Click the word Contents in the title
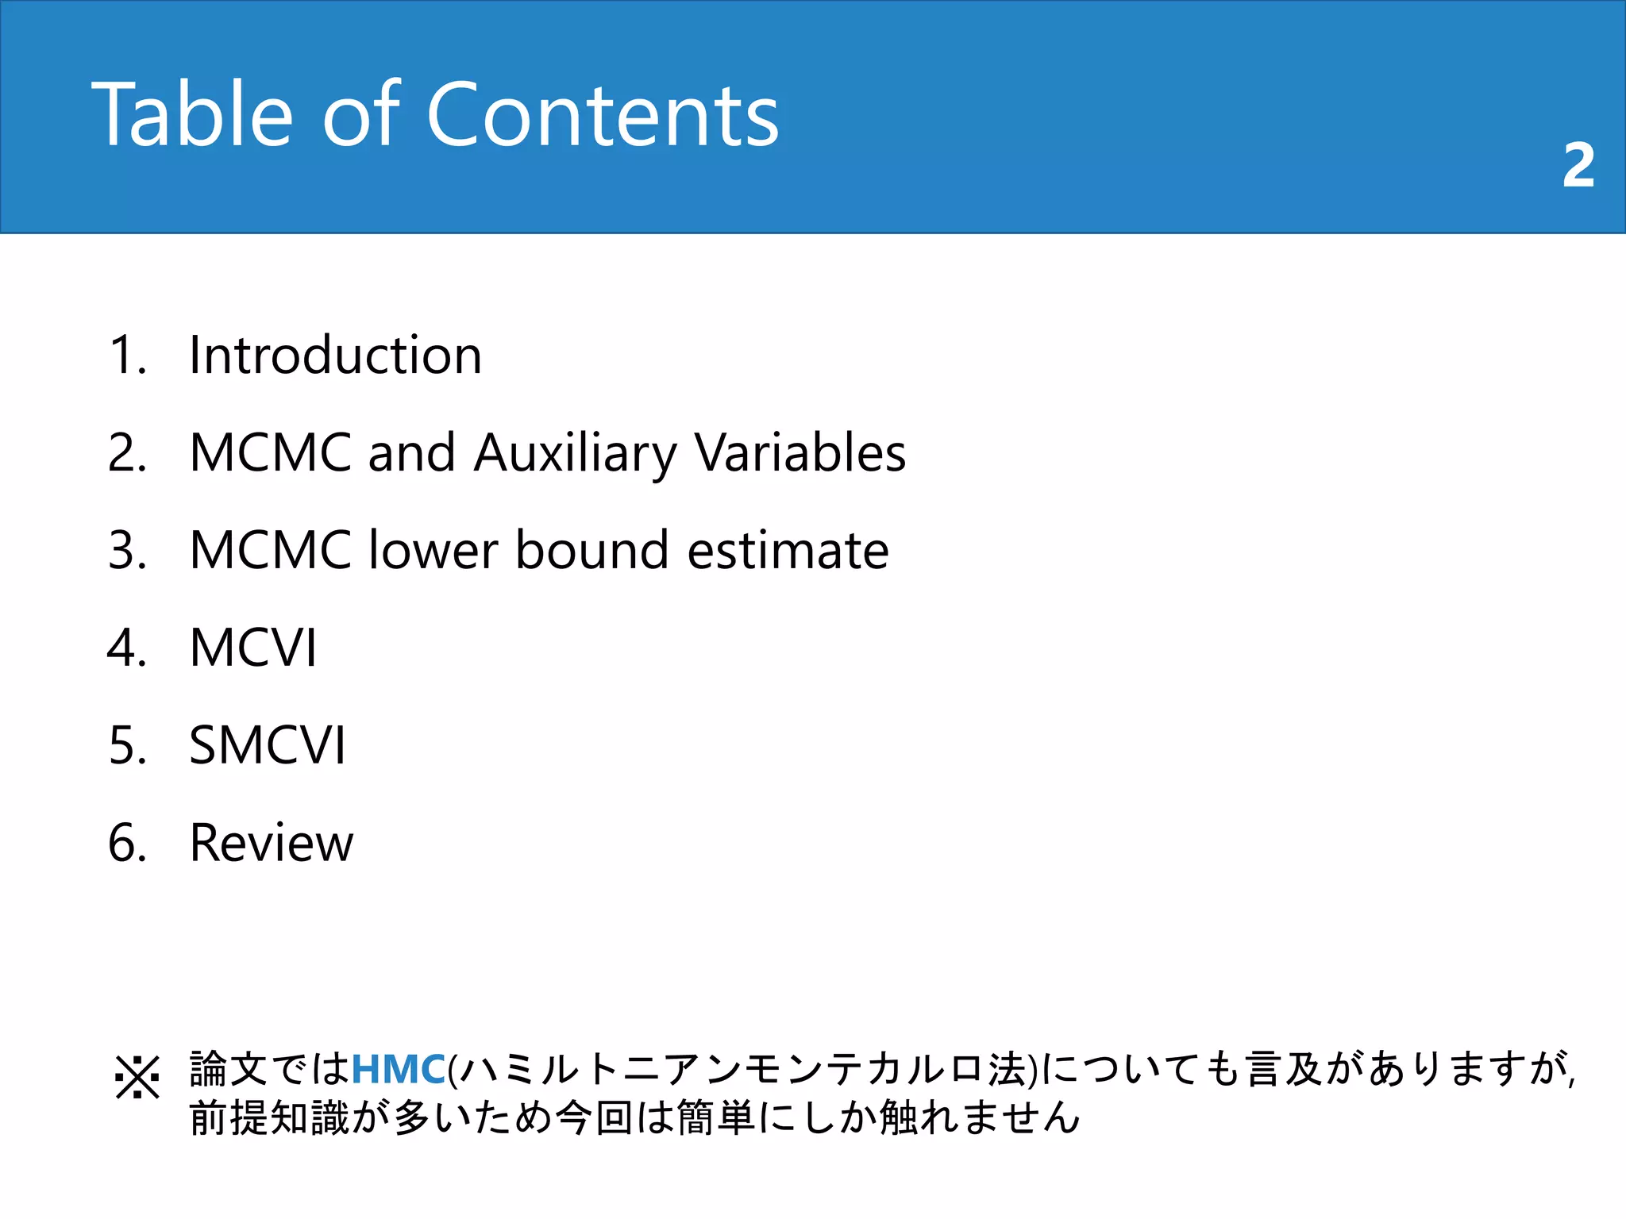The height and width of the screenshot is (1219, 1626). pyautogui.click(x=603, y=115)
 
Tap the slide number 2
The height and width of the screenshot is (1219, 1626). pyautogui.click(x=1578, y=165)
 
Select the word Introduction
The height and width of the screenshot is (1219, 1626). pyautogui.click(x=335, y=355)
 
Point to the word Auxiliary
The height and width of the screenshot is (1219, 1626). pyautogui.click(x=575, y=453)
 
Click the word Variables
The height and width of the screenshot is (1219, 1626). pyautogui.click(x=800, y=453)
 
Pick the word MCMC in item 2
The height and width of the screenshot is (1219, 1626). pyautogui.click(x=270, y=453)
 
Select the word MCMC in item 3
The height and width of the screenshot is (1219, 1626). pyautogui.click(x=270, y=550)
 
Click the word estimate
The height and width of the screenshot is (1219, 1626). pyautogui.click(x=788, y=550)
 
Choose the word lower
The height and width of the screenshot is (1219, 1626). pyautogui.click(x=433, y=550)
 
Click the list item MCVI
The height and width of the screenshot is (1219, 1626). pyautogui.click(x=253, y=648)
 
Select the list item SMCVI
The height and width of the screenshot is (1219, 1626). pyautogui.click(x=268, y=745)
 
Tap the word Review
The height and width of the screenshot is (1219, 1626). pyautogui.click(x=272, y=843)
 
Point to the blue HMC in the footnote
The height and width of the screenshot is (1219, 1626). pyautogui.click(x=398, y=1069)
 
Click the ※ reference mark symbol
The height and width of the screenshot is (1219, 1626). pyautogui.click(x=137, y=1077)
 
